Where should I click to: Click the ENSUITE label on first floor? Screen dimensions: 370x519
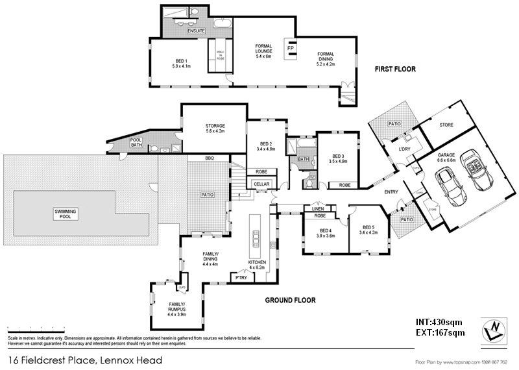tap(197, 31)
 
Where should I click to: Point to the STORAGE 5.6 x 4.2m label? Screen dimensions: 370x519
tap(215, 129)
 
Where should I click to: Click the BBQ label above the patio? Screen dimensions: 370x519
tap(209, 159)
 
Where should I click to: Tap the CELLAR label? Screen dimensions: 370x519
tap(261, 184)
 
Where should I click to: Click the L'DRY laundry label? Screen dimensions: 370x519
tap(405, 151)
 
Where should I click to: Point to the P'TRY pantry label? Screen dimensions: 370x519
tap(241, 277)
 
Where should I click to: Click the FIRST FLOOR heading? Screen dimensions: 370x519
tap(394, 69)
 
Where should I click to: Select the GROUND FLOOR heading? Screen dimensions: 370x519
tap(290, 301)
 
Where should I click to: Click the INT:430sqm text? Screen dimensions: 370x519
tap(439, 321)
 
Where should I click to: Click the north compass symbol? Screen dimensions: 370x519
tap(494, 330)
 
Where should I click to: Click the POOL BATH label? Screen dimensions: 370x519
tap(136, 143)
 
